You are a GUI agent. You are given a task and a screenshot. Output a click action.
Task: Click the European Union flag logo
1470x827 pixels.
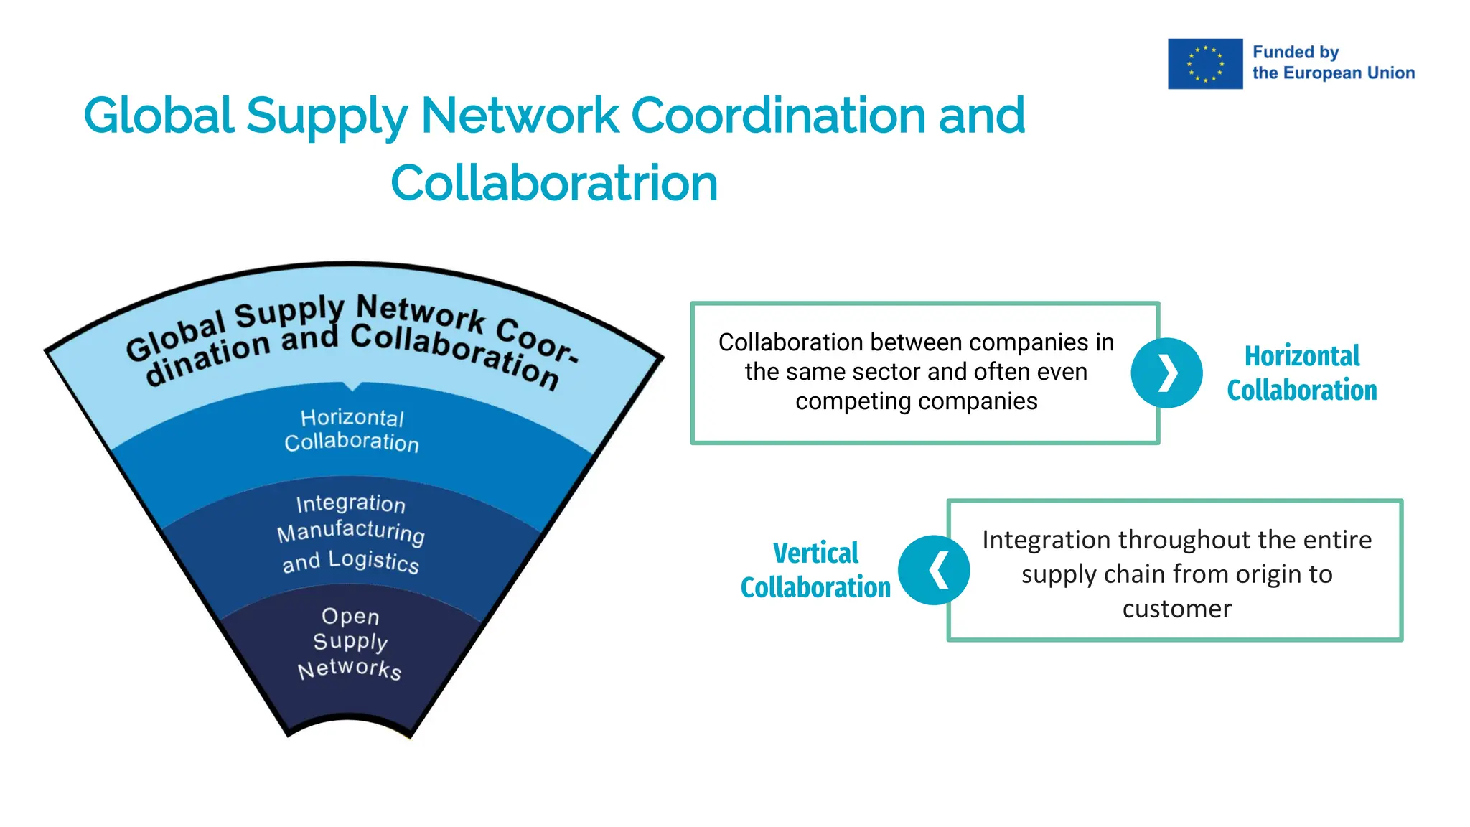coord(1204,64)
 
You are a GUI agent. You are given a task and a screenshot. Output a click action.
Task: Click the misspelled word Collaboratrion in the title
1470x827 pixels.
coord(554,183)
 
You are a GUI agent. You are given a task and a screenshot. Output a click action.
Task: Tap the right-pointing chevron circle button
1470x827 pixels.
coord(1166,373)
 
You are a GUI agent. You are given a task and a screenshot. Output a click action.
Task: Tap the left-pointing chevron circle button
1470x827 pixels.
coord(934,570)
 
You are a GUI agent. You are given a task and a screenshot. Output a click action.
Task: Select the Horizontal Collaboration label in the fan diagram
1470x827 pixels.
coord(352,430)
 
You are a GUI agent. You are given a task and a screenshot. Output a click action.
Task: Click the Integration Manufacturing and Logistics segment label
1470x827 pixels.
coord(351,533)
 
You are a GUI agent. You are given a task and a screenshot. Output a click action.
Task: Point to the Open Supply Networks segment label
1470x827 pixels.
coord(350,643)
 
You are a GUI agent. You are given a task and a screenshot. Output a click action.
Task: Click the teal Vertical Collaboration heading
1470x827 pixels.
coord(815,570)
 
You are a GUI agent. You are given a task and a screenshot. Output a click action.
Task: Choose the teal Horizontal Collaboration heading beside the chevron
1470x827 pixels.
coord(1301,373)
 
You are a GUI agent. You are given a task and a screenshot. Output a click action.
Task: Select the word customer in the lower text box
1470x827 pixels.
coord(1176,609)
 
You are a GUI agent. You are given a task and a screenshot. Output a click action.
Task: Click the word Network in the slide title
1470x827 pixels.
coord(520,116)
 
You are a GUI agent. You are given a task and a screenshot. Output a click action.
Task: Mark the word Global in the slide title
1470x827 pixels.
coord(159,116)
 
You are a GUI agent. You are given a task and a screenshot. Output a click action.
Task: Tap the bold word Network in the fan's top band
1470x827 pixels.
coord(421,314)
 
